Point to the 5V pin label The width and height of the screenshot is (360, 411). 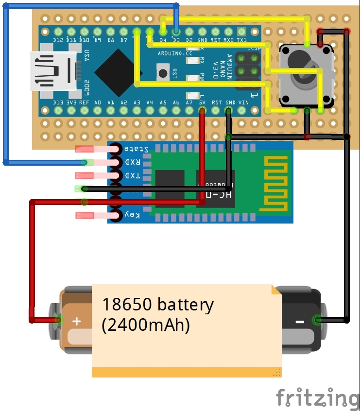[203, 103]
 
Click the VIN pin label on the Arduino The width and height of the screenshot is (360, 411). [243, 103]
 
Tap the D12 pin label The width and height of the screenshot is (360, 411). [59, 40]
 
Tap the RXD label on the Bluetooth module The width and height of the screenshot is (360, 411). [133, 162]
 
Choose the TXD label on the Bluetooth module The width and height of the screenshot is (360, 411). [133, 175]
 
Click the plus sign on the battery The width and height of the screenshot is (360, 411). [77, 321]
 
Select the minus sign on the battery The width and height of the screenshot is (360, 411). [300, 322]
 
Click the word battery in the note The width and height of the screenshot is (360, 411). [185, 305]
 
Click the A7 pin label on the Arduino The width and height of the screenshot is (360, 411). [189, 103]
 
